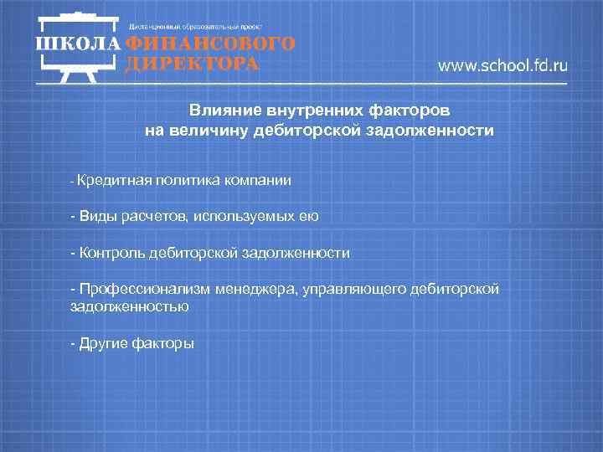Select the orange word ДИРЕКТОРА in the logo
(192, 64)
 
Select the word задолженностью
(130, 306)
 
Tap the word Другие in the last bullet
(103, 343)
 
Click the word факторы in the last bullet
(163, 343)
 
